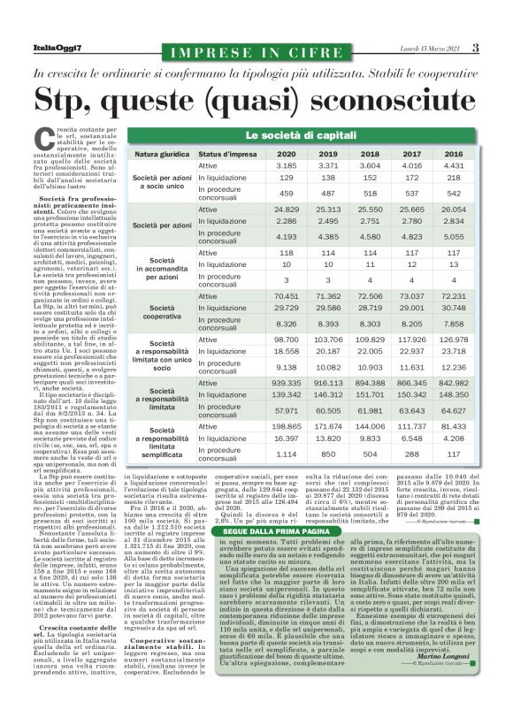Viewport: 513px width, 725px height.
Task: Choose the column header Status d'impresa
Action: pyautogui.click(x=227, y=154)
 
